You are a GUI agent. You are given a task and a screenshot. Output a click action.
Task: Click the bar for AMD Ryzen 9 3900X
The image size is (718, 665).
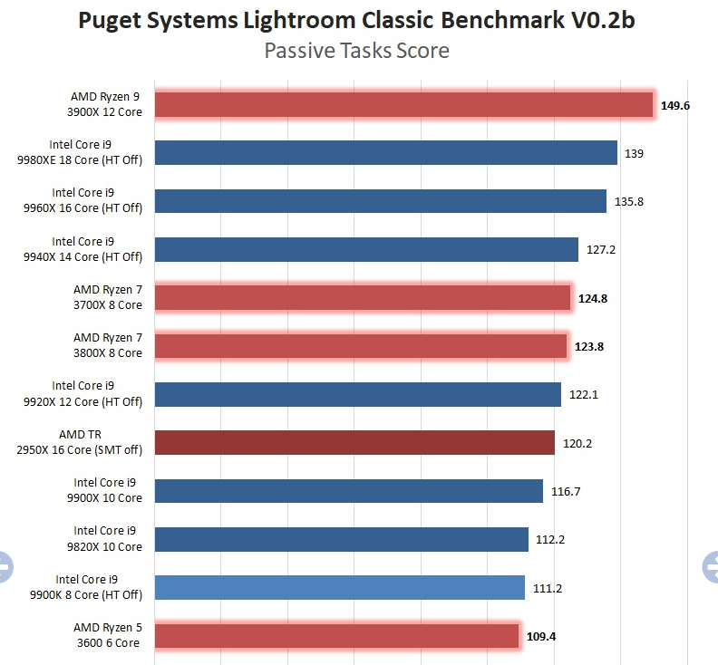403,104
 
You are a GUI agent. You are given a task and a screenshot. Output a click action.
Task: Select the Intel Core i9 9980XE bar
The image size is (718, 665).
386,153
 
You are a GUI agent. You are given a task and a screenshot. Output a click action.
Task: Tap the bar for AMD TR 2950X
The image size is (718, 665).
354,442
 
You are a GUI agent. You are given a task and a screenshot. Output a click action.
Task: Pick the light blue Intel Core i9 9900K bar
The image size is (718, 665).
340,587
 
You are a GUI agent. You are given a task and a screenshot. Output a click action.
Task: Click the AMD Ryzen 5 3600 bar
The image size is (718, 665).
336,636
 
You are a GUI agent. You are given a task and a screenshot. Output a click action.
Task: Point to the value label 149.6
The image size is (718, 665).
675,105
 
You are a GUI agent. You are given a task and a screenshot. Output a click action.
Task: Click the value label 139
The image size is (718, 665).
634,153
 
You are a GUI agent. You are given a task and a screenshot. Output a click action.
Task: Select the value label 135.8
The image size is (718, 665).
628,201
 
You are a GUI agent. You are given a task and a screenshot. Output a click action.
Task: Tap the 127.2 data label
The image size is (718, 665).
601,249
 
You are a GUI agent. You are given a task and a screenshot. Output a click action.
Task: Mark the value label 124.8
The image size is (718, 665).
593,298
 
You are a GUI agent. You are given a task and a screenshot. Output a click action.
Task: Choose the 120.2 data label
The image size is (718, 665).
577,443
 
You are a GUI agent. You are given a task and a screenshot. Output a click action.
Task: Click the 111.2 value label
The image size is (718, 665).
548,588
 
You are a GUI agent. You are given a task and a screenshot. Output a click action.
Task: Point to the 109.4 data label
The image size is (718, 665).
541,636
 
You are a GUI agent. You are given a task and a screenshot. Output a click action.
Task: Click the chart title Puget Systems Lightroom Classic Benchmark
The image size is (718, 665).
356,20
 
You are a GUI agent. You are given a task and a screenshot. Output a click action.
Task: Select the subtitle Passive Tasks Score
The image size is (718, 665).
356,51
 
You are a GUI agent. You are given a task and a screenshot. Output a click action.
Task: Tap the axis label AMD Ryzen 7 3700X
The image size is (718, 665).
108,297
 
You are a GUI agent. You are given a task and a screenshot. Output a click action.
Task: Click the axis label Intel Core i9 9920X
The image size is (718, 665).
97,394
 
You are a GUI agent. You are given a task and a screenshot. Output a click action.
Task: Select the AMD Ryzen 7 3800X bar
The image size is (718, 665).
361,346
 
